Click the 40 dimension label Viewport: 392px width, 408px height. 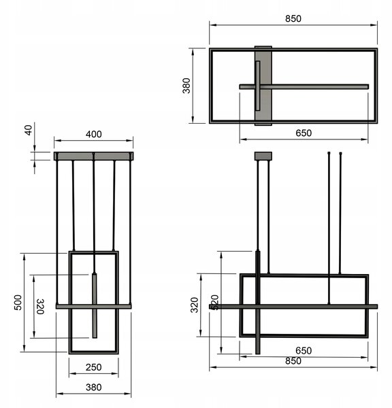(x=29, y=130)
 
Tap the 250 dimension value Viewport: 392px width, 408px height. (x=93, y=367)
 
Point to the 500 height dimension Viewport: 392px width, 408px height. (x=18, y=303)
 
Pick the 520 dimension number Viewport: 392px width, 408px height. (x=214, y=303)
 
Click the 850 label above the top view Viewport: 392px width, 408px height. (x=293, y=19)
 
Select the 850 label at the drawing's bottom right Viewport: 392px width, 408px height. (x=293, y=361)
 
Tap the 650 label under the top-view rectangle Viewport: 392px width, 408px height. (x=304, y=133)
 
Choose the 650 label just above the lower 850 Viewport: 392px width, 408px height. (x=304, y=351)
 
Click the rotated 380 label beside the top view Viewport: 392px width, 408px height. (x=186, y=86)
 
